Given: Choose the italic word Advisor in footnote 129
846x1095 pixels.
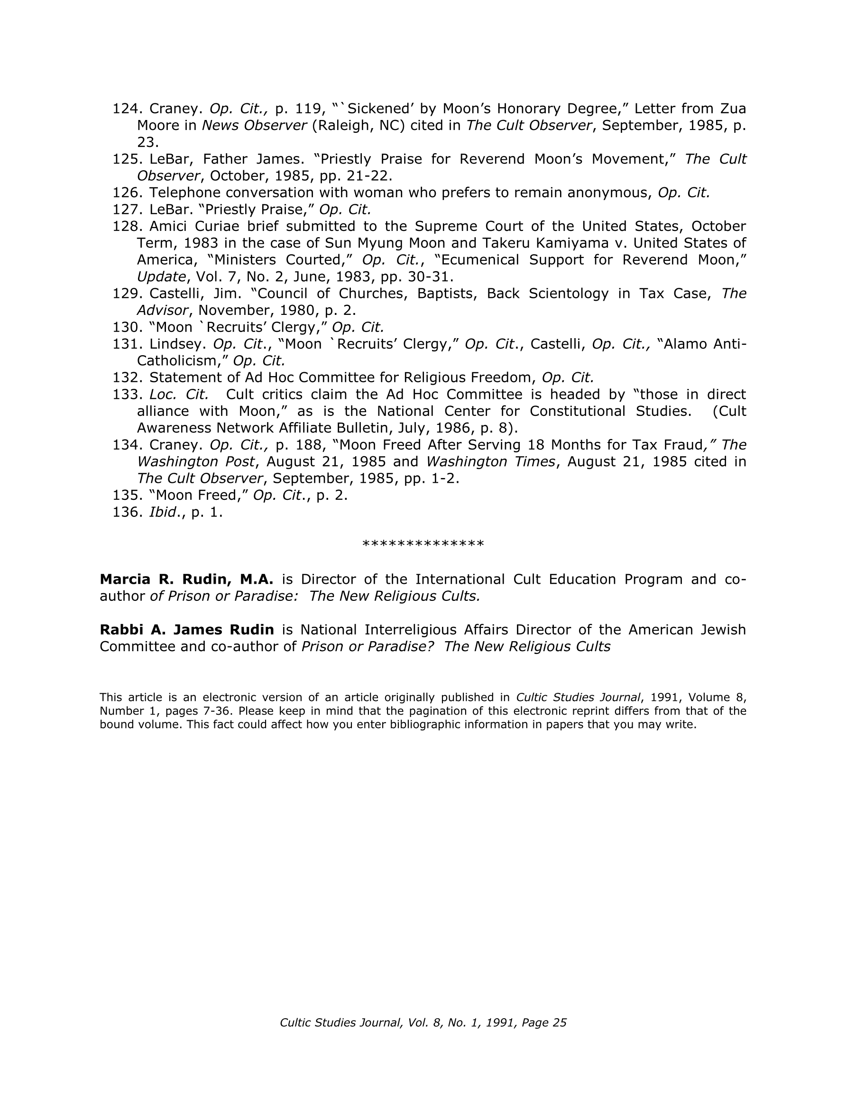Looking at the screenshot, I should click(163, 310).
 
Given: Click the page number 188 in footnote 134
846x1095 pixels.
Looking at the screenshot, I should click(303, 445).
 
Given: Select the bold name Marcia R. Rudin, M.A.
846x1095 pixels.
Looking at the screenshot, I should click(186, 580).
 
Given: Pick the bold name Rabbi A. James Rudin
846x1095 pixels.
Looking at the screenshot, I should click(187, 630).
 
